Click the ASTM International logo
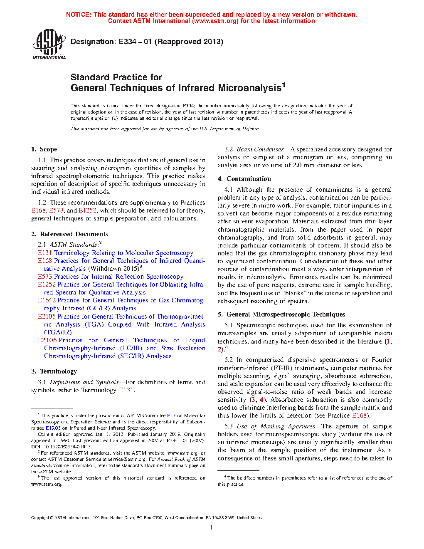tap(49, 44)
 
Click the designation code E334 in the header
tap(127, 42)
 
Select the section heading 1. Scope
tap(44, 149)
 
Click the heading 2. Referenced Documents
tap(69, 234)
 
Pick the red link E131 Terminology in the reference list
tap(45, 253)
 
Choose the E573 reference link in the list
tap(45, 277)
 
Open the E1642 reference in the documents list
tap(47, 300)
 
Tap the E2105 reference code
tap(47, 317)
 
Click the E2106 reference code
tap(47, 340)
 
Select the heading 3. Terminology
tap(54, 371)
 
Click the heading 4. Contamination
tap(244, 179)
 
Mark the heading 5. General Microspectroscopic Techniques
tap(281, 314)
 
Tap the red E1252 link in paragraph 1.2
tap(87, 210)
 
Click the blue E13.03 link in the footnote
tap(53, 428)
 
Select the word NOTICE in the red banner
tap(79, 15)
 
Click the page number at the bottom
tap(212, 528)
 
